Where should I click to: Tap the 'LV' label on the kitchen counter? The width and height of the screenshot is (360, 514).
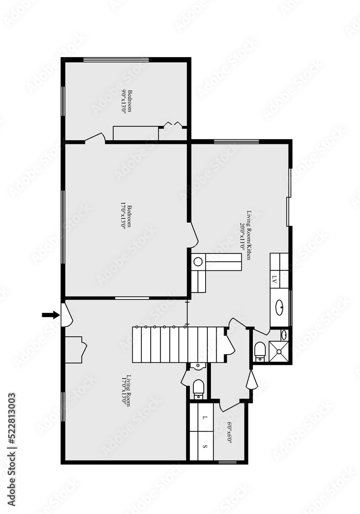(274, 280)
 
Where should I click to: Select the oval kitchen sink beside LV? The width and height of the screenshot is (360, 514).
(279, 308)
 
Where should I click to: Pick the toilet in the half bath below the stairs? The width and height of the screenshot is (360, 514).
(199, 389)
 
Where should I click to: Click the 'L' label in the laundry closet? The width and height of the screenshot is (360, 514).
(205, 417)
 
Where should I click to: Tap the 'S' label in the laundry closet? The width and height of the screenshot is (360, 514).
(205, 446)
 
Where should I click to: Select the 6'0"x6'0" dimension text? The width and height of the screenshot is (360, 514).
(229, 432)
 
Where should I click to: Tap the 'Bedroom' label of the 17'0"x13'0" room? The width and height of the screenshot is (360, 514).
(130, 217)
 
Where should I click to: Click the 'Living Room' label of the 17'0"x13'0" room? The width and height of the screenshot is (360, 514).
(130, 391)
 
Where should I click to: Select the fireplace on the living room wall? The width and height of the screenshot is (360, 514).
(75, 350)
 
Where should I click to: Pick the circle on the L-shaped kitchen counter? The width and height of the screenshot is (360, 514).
(199, 262)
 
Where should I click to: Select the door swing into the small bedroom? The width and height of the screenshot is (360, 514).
(96, 137)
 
